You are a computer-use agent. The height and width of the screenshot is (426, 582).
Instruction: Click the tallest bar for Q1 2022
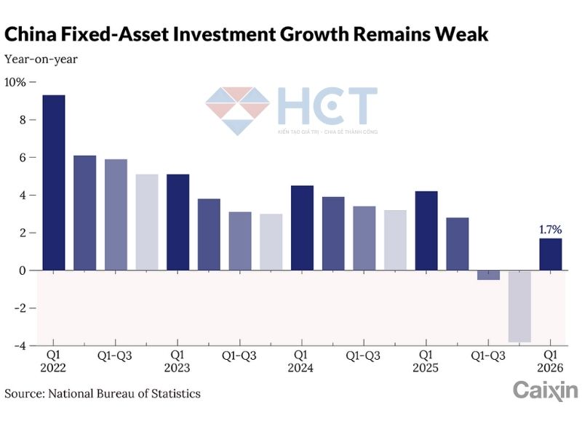(x=54, y=182)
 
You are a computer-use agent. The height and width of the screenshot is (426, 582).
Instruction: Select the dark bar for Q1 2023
(x=178, y=222)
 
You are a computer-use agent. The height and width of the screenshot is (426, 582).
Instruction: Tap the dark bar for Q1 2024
(x=302, y=228)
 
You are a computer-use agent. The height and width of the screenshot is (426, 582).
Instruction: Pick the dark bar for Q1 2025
(x=426, y=230)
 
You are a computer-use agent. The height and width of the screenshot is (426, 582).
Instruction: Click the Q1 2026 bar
(x=550, y=254)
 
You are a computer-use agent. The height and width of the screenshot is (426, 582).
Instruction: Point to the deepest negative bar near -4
(x=519, y=306)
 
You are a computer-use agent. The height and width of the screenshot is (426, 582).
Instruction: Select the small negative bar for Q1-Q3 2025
(x=488, y=275)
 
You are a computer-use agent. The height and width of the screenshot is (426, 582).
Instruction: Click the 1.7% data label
(x=550, y=230)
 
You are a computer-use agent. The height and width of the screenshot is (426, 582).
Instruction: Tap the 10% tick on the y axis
(x=15, y=82)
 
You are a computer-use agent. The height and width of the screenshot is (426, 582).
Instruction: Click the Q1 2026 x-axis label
(x=551, y=361)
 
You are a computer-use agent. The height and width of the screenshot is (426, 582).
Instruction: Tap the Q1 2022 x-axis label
(x=54, y=361)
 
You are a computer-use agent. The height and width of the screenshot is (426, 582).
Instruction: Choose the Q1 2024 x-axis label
(x=301, y=361)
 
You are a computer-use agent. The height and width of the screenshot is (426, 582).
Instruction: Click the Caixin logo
(x=545, y=390)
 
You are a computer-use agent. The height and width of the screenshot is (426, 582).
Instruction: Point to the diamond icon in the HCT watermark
(x=237, y=110)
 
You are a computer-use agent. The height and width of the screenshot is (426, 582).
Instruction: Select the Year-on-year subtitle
(x=41, y=59)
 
